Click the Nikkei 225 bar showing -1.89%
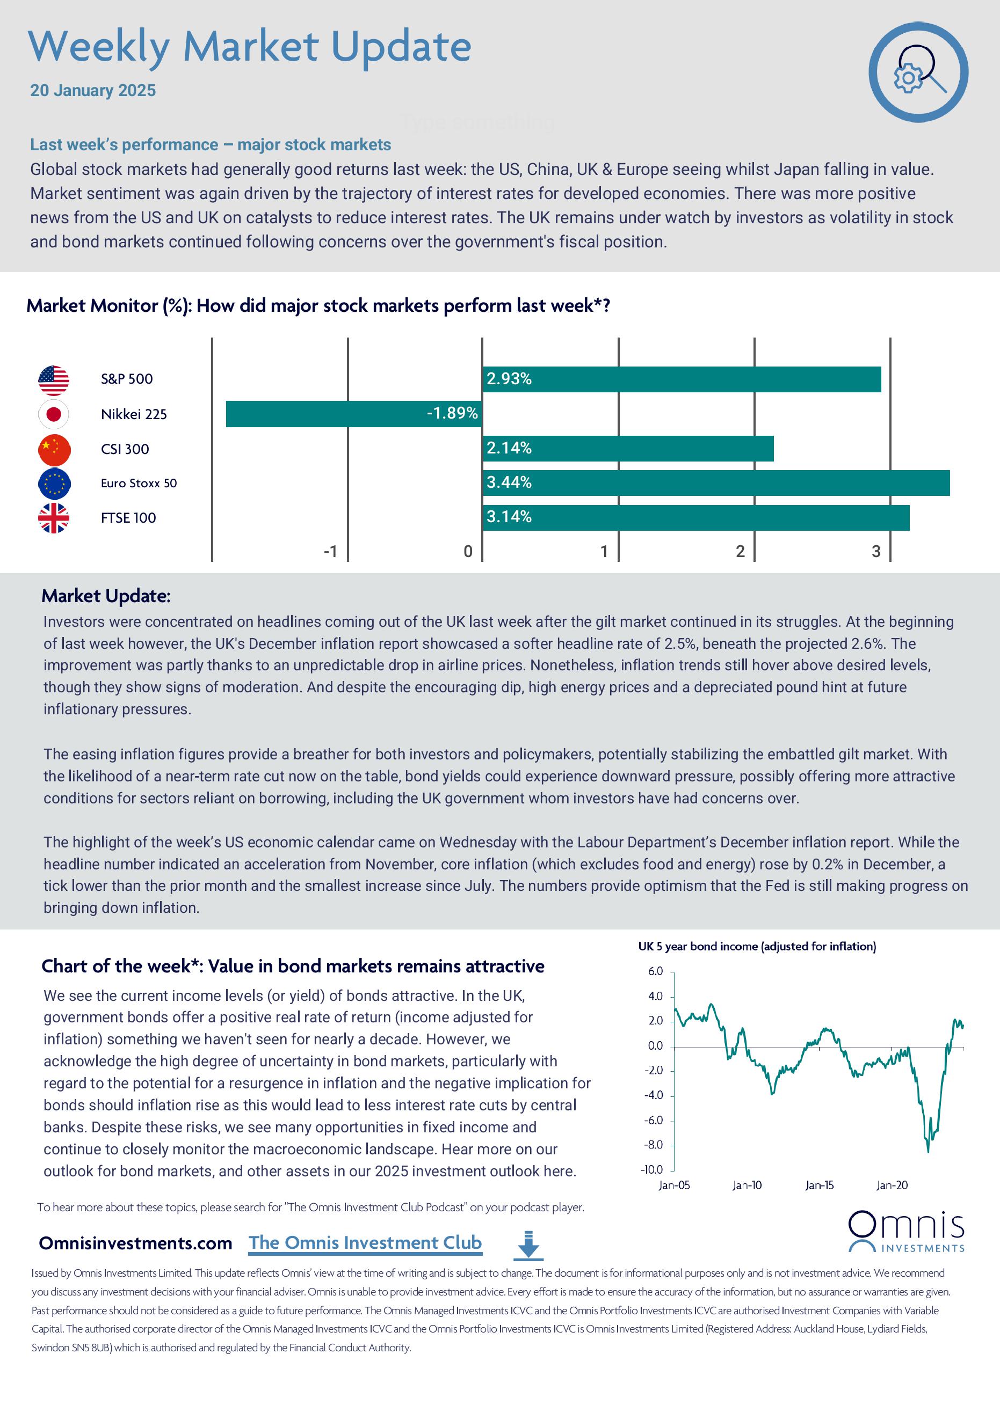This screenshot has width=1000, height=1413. pos(353,414)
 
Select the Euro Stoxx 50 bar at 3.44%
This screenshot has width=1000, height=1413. pos(715,482)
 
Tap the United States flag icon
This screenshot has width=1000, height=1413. pos(54,380)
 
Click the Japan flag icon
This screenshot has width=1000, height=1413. pos(54,414)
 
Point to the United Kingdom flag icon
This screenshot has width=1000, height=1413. pos(54,517)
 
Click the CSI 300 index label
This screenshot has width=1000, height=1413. pos(125,449)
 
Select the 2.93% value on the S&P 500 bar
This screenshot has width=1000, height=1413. pos(509,379)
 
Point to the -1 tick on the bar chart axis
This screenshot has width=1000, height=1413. pos(331,552)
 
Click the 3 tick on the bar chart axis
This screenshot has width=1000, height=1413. pos(875,552)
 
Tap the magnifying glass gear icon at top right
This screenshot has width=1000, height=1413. pos(918,72)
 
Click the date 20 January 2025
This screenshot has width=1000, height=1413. pos(93,91)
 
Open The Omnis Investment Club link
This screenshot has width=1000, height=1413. pos(365,1242)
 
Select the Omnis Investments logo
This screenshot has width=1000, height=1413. pos(906,1232)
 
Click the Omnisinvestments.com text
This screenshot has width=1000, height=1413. pos(135,1243)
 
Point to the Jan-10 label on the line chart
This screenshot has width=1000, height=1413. pos(747,1185)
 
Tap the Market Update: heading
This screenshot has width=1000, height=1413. pos(106,596)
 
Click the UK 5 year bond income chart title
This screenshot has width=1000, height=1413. pos(757,947)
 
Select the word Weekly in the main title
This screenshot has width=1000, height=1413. pos(98,47)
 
